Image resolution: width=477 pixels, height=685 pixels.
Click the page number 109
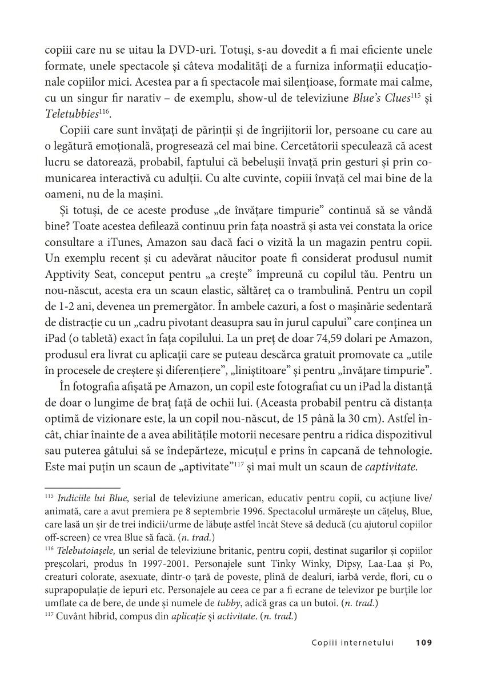pyautogui.click(x=423, y=642)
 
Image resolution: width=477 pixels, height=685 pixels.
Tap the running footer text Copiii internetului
pyautogui.click(x=353, y=642)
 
